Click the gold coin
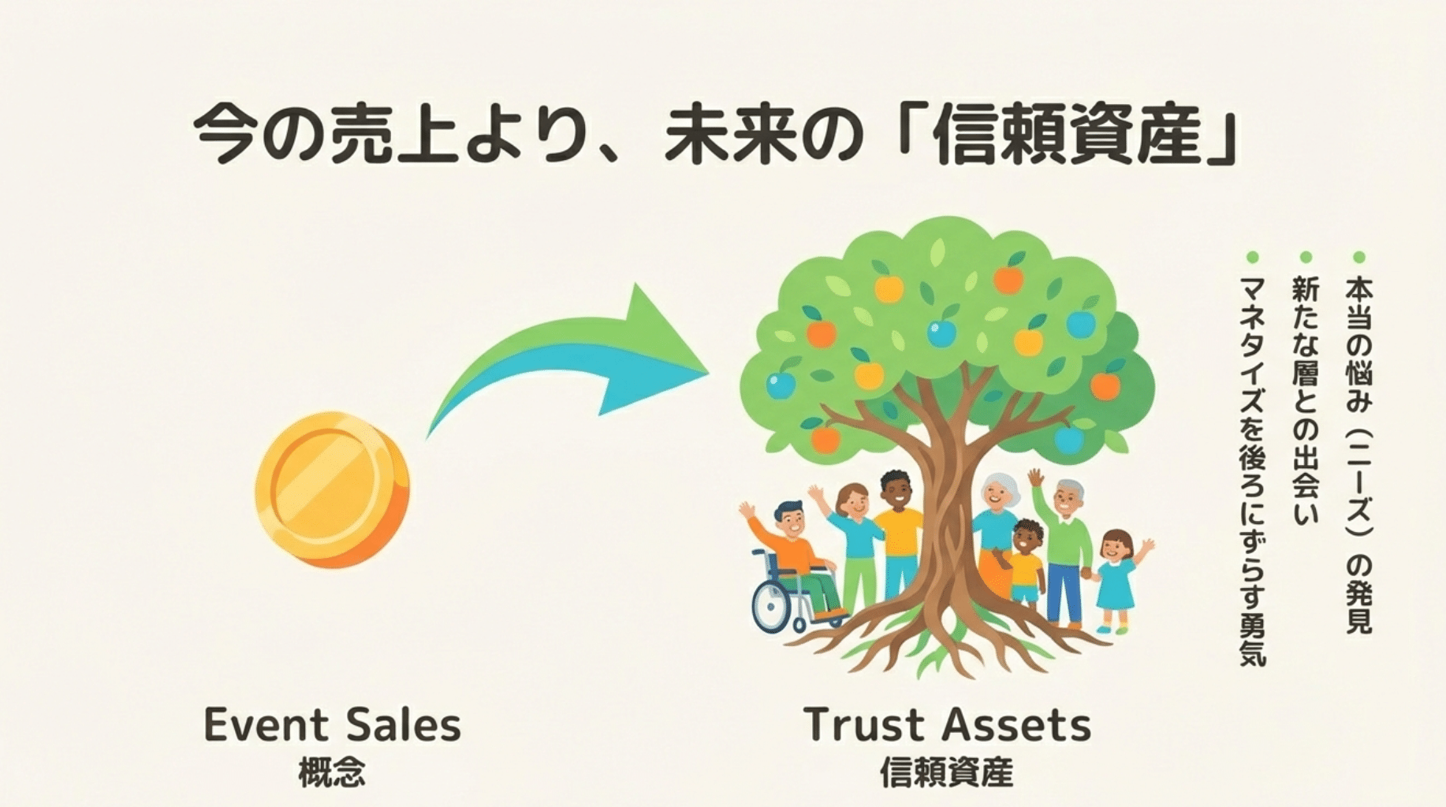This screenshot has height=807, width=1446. point(332,489)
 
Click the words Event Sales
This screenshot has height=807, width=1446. point(332,725)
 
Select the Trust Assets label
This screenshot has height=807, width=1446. point(948,725)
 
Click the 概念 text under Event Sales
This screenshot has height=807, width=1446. point(332,773)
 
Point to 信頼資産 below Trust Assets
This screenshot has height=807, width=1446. point(947,773)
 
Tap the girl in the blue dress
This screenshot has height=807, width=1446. point(1115,579)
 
